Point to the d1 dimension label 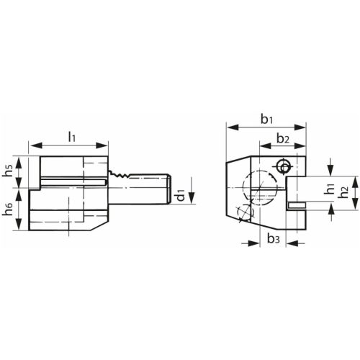click(x=181, y=194)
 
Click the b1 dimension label click(x=264, y=117)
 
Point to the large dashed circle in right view click(x=261, y=189)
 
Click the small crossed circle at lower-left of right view click(x=244, y=212)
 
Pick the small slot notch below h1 click(x=295, y=207)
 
